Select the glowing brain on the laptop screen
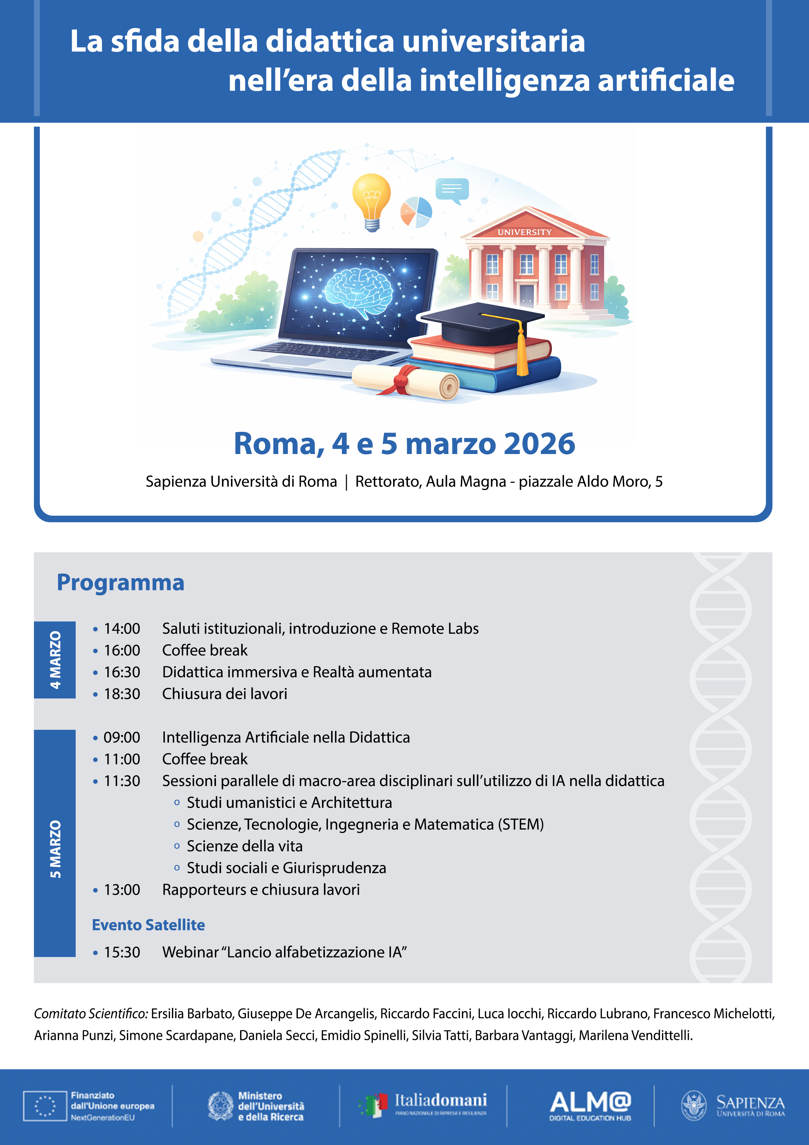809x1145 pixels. [358, 292]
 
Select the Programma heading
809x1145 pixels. [121, 583]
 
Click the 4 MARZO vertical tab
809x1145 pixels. [55, 660]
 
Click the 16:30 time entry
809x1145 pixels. [122, 672]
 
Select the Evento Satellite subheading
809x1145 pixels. [148, 925]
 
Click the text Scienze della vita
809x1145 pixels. [244, 846]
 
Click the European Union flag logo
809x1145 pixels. [45, 1106]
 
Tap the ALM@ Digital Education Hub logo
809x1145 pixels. [590, 1106]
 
